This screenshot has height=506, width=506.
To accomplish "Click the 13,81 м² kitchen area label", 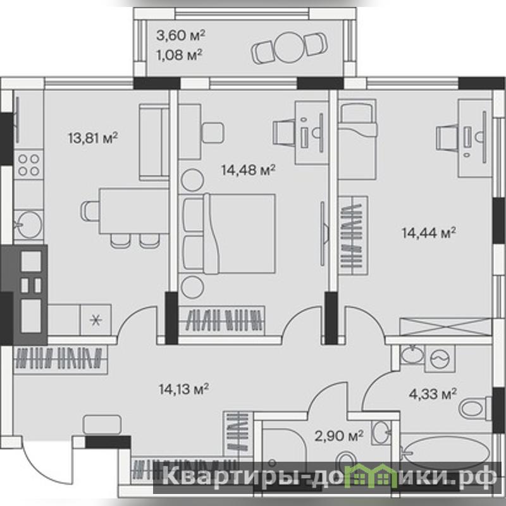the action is click(x=93, y=138).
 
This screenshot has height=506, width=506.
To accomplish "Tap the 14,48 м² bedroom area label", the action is click(x=248, y=170).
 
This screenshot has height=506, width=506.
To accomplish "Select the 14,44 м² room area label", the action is click(x=429, y=232).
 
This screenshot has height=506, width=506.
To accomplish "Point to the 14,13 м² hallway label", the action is click(x=183, y=389).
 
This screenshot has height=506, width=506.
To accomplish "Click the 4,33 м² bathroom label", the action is click(x=433, y=393).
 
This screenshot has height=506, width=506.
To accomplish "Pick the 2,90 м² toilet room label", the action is click(x=339, y=436).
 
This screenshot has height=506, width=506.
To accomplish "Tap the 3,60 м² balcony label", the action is click(x=181, y=35).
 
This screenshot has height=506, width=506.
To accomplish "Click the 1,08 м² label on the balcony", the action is click(x=180, y=55).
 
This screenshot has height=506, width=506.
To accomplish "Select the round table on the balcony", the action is click(x=289, y=47).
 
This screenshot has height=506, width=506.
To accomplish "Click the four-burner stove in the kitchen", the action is click(x=28, y=165).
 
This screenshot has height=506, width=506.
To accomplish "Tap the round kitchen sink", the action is click(x=29, y=224).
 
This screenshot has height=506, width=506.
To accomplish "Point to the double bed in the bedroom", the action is click(x=229, y=233).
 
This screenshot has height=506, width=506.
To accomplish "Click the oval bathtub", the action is click(x=446, y=453).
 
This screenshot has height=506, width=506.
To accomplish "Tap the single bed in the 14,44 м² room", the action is click(x=357, y=139).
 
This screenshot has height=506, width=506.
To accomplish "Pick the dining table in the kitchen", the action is click(x=134, y=211).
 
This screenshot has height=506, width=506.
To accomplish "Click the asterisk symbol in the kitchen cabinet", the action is click(x=96, y=320).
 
